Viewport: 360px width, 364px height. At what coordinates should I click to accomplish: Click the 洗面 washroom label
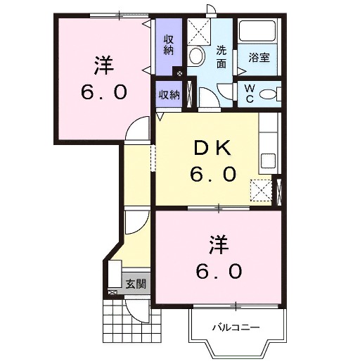click(x=221, y=57)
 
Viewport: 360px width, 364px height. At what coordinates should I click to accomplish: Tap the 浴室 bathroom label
click(x=259, y=58)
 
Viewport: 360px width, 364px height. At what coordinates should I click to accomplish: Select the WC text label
click(x=250, y=93)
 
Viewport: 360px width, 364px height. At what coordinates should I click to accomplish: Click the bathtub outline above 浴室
click(x=258, y=32)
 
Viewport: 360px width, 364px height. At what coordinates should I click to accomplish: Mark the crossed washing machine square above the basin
click(x=200, y=32)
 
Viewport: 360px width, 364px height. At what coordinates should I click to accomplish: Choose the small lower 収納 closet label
click(x=168, y=94)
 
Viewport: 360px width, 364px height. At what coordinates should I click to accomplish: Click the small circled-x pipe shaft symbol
click(x=181, y=73)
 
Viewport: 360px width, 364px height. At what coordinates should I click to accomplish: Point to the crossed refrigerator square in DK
click(x=262, y=189)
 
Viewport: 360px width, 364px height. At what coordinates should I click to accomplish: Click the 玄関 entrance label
click(x=136, y=284)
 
